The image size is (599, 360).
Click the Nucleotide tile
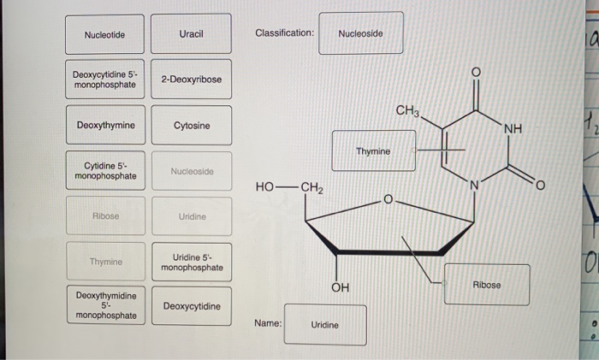[104, 34]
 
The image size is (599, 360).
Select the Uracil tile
[191, 34]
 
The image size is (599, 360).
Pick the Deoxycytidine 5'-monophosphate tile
[104, 80]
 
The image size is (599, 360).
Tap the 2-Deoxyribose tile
[191, 80]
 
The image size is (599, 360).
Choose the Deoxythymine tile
[104, 125]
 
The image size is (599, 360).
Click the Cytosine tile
[191, 125]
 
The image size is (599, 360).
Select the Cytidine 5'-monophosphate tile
[104, 170]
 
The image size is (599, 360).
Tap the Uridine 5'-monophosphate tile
[191, 262]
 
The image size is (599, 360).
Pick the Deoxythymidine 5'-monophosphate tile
[104, 305]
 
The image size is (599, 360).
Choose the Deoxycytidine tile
[191, 306]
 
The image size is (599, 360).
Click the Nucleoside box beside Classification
[360, 33]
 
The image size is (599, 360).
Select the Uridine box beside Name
[324, 325]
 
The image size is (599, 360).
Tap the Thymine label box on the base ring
[373, 150]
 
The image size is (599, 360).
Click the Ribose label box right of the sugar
[486, 284]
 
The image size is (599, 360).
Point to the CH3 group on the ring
[408, 111]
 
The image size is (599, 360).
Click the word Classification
[284, 33]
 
